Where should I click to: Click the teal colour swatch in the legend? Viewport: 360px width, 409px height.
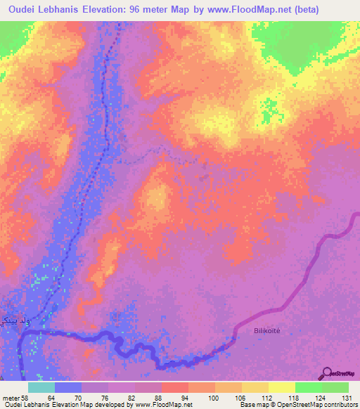[x=41, y=387]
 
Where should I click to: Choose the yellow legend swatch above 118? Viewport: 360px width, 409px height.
[x=282, y=387]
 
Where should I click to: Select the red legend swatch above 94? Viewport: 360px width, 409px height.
[x=174, y=387]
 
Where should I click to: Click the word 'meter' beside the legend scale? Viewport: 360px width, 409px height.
[x=10, y=398]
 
